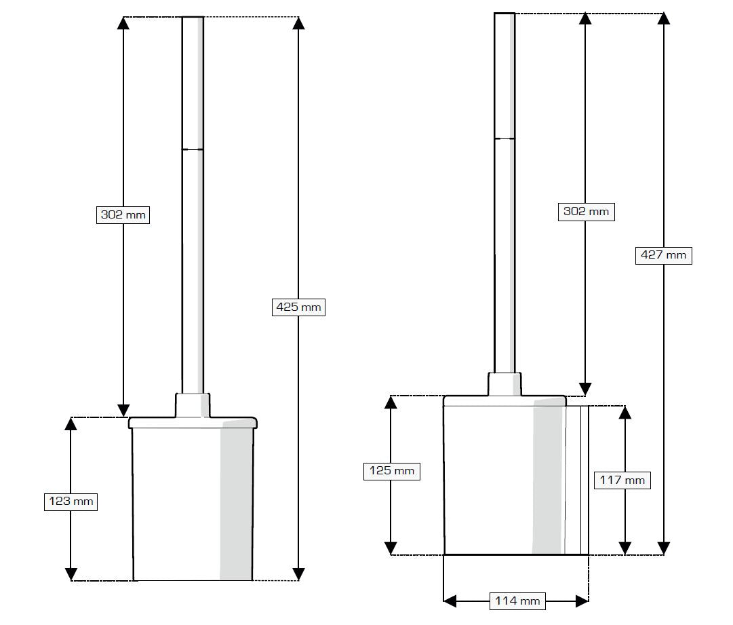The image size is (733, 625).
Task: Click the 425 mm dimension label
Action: click(299, 307)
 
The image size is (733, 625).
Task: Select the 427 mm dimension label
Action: click(664, 255)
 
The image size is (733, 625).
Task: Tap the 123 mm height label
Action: click(71, 502)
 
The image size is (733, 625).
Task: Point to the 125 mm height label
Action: click(391, 470)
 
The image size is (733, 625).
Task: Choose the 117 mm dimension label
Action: click(622, 480)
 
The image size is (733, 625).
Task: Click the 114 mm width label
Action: click(517, 601)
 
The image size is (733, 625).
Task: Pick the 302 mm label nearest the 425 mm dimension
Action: click(123, 214)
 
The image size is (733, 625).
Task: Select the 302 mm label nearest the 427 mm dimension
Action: click(587, 211)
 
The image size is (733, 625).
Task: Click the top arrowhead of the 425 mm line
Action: click(298, 23)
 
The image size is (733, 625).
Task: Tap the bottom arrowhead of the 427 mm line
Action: click(664, 548)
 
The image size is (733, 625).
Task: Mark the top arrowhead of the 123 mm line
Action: click(71, 424)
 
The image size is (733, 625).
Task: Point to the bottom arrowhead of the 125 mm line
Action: click(391, 548)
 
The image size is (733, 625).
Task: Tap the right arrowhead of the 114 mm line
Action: click(581, 601)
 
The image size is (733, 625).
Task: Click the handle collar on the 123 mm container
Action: click(193, 405)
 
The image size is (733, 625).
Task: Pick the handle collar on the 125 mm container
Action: click(504, 384)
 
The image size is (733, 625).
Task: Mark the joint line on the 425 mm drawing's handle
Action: click(193, 149)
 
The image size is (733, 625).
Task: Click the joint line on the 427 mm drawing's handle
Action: click(504, 138)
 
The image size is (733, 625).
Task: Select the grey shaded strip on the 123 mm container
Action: click(236, 502)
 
